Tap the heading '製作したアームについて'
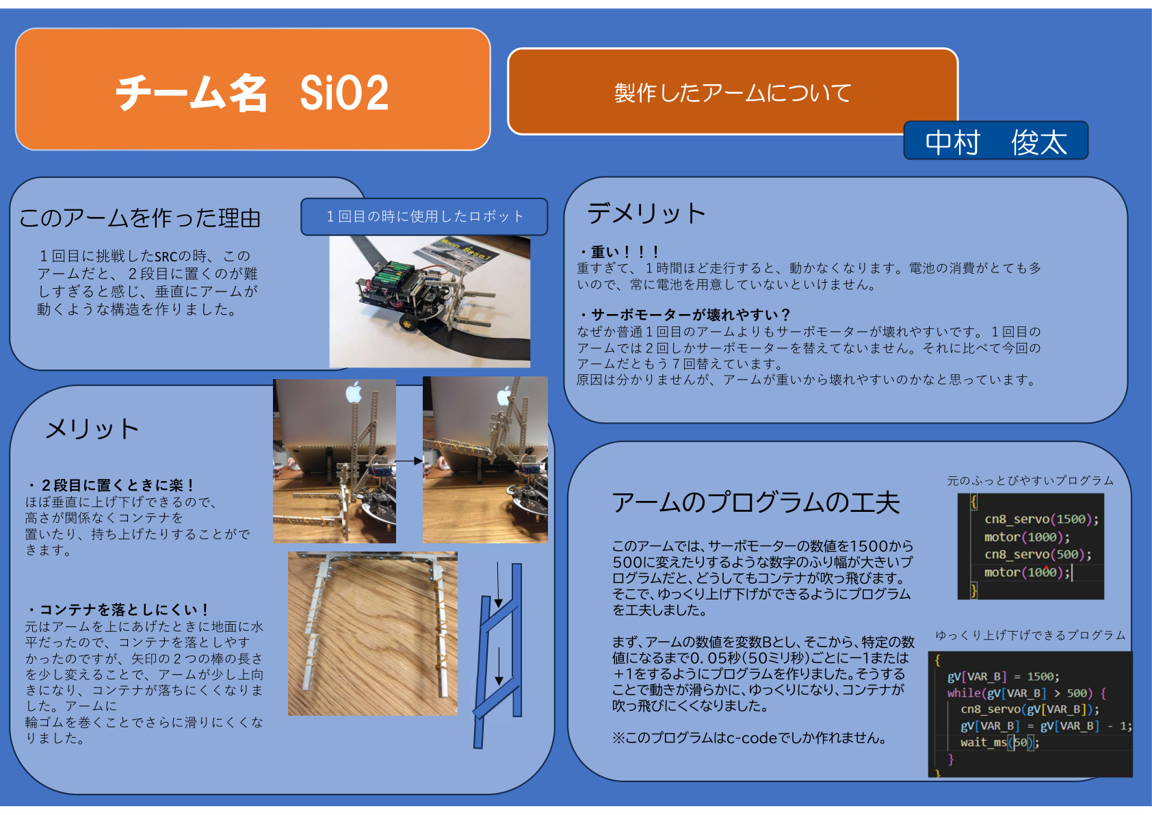[733, 93]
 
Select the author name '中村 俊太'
[995, 142]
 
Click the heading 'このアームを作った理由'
[140, 218]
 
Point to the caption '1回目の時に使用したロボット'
[425, 216]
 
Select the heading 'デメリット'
[646, 213]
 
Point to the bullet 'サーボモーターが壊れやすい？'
[690, 314]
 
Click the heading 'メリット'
[92, 428]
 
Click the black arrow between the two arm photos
[409, 461]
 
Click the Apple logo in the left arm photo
[354, 393]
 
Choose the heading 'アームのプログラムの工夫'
[755, 503]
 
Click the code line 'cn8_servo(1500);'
[1041, 519]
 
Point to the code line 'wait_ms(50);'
[999, 742]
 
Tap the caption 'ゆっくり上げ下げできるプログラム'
[1030, 635]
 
